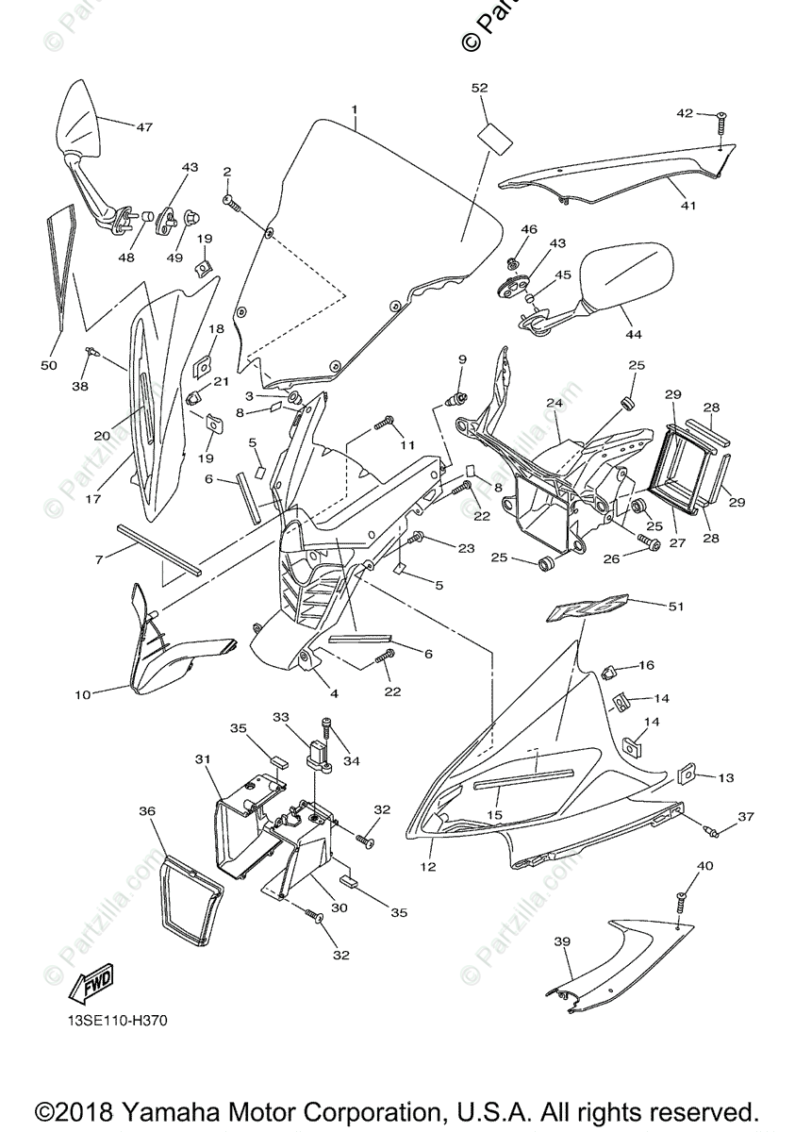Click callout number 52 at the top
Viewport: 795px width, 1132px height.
pos(480,88)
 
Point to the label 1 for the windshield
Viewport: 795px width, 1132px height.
pos(355,109)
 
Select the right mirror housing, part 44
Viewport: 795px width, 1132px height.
pos(628,272)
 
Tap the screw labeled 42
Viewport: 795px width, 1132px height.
pos(721,119)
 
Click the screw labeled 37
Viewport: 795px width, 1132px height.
pos(714,830)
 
